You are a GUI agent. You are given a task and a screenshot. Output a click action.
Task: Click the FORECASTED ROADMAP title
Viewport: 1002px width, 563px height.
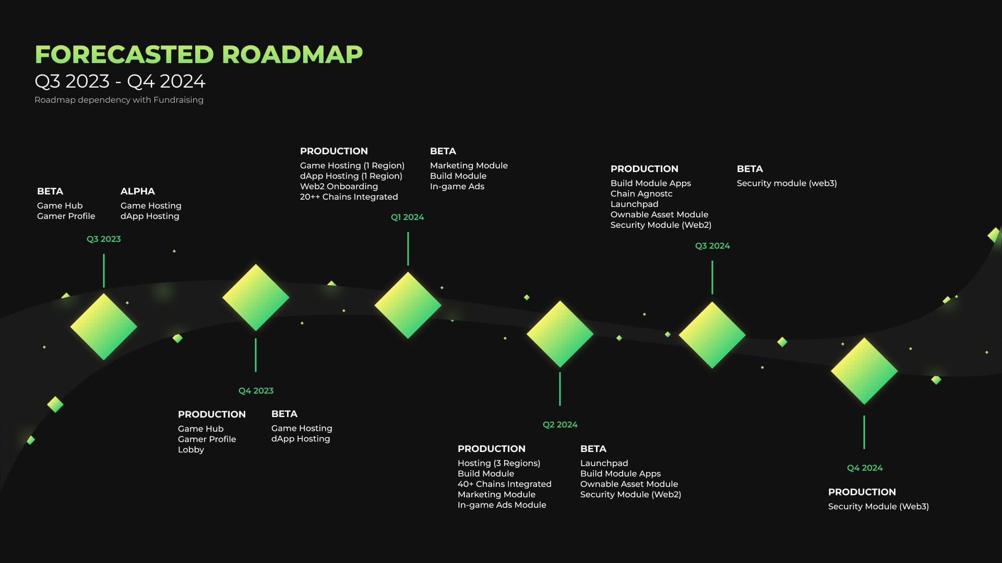coord(199,54)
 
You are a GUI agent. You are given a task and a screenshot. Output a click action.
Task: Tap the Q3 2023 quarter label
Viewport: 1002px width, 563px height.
coord(103,239)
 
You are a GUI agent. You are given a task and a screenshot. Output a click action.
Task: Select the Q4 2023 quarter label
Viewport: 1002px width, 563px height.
coord(256,390)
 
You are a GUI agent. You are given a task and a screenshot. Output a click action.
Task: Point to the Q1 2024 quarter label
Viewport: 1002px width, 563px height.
coord(407,217)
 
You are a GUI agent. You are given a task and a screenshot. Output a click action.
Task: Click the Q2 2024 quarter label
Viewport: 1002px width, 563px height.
coord(560,424)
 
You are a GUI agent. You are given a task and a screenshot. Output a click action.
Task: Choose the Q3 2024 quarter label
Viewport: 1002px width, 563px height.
coord(712,246)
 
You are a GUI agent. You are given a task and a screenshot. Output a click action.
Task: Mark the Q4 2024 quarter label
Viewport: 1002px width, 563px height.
coord(865,468)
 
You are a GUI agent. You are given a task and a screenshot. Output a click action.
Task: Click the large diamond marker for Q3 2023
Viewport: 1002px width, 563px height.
coord(104,327)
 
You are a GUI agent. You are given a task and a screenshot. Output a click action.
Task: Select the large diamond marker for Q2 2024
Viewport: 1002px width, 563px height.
coord(560,334)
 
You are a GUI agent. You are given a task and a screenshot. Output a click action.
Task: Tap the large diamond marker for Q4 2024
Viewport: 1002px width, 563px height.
coord(864,371)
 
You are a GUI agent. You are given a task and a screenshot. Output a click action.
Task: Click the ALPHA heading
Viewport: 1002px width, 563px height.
coord(138,191)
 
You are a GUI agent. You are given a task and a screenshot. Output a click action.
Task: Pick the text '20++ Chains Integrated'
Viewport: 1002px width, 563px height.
coord(349,197)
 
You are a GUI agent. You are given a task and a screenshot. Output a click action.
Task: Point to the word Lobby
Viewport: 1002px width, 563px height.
coord(191,449)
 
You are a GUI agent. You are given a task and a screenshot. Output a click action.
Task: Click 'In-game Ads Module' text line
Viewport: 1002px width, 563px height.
coord(502,505)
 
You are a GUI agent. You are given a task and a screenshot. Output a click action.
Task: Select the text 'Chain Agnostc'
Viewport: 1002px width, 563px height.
coord(641,193)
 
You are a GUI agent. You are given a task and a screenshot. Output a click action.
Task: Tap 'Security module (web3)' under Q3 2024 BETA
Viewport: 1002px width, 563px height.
coord(787,183)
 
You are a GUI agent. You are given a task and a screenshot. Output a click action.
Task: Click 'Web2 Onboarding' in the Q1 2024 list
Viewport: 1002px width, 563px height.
coord(339,186)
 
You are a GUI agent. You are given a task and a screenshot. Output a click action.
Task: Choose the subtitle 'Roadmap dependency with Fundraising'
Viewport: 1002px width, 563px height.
coord(119,100)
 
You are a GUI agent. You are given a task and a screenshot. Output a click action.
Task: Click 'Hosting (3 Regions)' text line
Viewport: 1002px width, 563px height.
coord(499,463)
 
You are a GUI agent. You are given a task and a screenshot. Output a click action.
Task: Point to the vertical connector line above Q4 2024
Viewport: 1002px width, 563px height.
coord(864,432)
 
